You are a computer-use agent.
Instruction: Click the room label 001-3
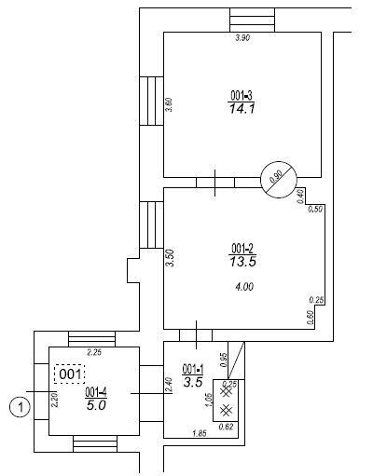coord(242,95)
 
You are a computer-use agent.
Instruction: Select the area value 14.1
coord(242,109)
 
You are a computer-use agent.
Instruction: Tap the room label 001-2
coord(242,249)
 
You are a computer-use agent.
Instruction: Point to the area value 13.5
coord(242,262)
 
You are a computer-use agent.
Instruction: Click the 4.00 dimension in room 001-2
coord(244,286)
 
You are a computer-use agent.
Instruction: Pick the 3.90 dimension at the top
coord(242,38)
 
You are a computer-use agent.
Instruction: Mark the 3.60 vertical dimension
coord(169,105)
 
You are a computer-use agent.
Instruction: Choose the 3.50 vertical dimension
coord(170,258)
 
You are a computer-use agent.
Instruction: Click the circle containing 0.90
coord(279,180)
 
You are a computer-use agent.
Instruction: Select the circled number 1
coord(21,407)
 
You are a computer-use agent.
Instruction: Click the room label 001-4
coord(96,392)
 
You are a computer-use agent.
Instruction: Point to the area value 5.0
coord(96,405)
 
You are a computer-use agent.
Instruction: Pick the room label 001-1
coord(193,369)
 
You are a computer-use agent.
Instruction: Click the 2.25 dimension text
coord(94,352)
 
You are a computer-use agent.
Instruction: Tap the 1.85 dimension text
coord(200,433)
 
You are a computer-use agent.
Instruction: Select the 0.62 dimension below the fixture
coord(226,427)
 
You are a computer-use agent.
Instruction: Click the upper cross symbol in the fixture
coord(226,392)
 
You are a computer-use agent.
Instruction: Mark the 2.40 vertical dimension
coord(169,385)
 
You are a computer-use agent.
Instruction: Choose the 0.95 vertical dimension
coord(224,360)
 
